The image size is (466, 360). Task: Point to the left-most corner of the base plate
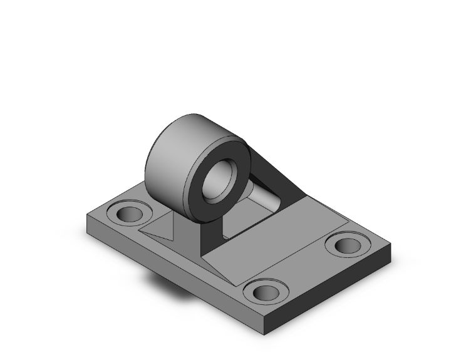86,216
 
